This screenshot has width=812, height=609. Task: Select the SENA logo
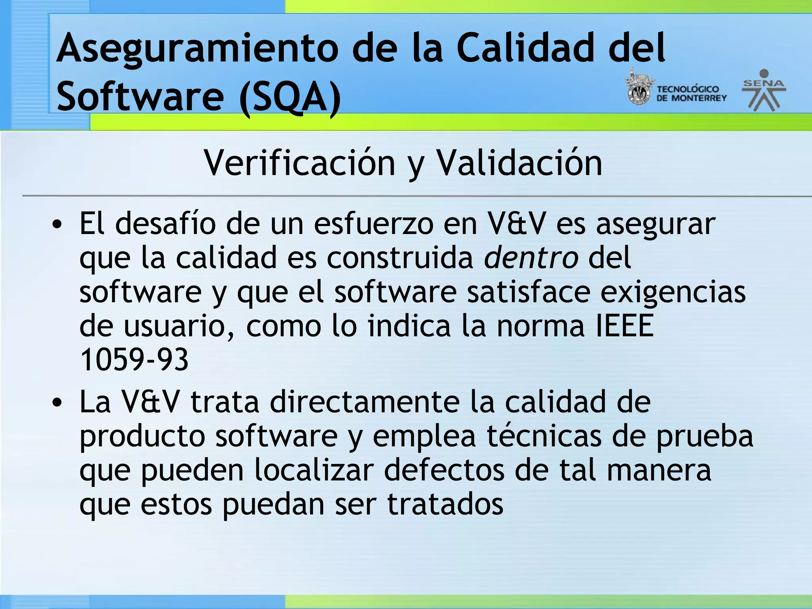[x=764, y=90]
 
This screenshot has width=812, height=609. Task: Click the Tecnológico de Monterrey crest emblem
[x=638, y=88]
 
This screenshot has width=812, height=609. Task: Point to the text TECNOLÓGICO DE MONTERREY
[x=691, y=94]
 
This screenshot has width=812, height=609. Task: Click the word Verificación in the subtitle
[x=299, y=163]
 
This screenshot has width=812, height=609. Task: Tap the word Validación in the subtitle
[x=519, y=163]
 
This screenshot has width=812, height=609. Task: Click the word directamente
[x=364, y=402]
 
